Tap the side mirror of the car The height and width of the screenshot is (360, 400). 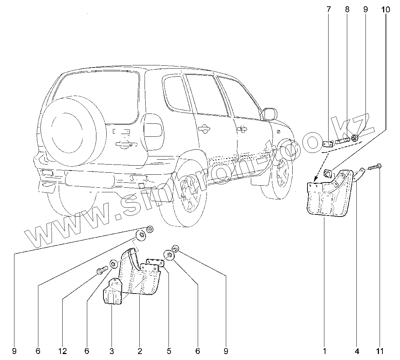[269, 114]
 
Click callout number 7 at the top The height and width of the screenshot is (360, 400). [329, 9]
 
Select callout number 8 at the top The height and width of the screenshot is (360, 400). [347, 9]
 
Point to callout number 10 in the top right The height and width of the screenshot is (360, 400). [386, 9]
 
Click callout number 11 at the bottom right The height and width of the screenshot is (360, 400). [380, 351]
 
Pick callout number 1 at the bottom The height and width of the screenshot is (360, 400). [325, 351]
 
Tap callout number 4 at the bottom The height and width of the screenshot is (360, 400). [357, 351]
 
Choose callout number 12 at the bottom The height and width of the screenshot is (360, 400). [63, 351]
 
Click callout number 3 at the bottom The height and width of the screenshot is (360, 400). [112, 351]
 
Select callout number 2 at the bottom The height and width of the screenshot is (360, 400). [140, 351]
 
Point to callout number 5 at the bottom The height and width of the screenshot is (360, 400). [169, 351]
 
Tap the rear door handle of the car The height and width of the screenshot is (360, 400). [204, 129]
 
